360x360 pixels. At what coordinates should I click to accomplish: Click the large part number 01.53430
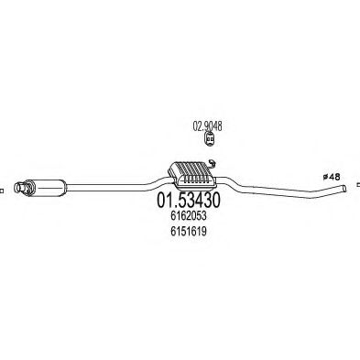click(188, 200)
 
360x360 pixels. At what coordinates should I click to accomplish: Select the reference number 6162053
click(189, 216)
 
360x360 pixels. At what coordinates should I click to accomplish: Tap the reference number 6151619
click(189, 232)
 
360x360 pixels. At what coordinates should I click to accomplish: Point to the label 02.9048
click(207, 125)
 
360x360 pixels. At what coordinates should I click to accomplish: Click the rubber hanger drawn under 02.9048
click(209, 139)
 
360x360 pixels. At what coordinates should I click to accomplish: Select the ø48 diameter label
click(332, 177)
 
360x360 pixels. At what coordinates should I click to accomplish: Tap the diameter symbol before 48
click(325, 177)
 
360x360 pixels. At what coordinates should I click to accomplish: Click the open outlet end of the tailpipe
click(345, 189)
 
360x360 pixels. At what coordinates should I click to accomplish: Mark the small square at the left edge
click(2, 191)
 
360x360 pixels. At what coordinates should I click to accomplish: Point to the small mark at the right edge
click(358, 184)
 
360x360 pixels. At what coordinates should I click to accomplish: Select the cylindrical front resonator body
click(48, 187)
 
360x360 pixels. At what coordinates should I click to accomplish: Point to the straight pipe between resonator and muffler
click(105, 187)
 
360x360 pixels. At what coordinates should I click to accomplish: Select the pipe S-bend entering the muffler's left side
click(157, 182)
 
